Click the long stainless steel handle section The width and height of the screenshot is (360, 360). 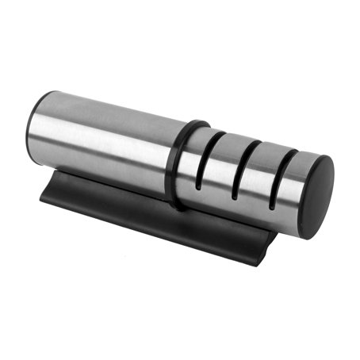point(103,143)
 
